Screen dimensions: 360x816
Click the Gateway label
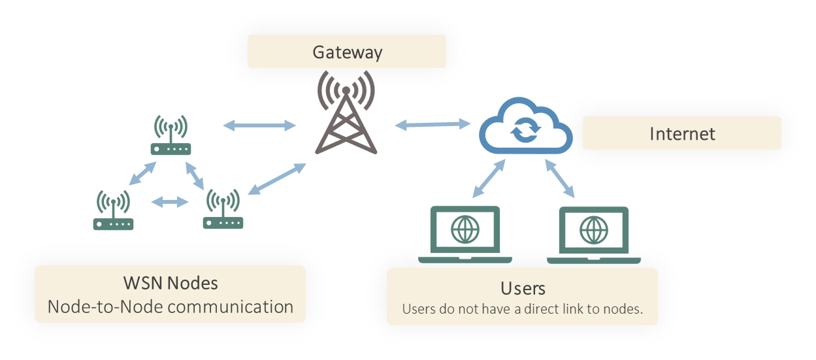(347, 52)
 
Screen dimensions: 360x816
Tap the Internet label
(682, 134)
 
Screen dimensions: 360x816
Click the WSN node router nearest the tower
(223, 210)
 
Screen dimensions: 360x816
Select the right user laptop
(593, 236)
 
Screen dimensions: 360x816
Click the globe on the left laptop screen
(465, 229)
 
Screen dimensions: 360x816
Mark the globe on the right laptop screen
(594, 230)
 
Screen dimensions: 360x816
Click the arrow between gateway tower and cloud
(433, 123)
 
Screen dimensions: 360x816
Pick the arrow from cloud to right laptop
(560, 178)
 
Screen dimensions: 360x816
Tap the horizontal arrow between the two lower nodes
(169, 203)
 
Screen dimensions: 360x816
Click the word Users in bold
(523, 288)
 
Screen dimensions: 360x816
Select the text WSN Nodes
(171, 284)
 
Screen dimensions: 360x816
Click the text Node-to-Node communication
(171, 306)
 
